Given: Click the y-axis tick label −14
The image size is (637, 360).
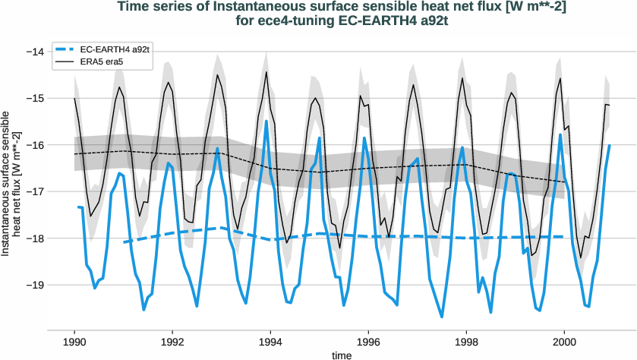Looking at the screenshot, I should tap(33, 52).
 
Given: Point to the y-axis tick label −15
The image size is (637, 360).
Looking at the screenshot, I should tap(33, 99).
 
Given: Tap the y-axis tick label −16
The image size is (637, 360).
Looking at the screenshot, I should tap(33, 145).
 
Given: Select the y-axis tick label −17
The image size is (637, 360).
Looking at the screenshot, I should tap(33, 191).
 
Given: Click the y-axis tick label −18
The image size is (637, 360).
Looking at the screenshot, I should tap(33, 238).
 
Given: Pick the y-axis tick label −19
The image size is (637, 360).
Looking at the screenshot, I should tap(33, 285).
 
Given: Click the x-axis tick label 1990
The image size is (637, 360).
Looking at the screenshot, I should tap(74, 342).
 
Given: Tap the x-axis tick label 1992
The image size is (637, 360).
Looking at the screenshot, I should tap(173, 342).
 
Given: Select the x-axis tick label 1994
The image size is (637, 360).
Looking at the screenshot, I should tap(271, 342).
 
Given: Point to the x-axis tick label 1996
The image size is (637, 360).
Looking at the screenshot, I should tap(369, 342).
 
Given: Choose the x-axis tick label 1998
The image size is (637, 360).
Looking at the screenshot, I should tap(467, 342).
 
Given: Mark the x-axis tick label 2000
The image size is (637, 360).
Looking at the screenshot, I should tap(565, 342).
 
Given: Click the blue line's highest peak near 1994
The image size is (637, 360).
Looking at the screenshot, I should tap(266, 121).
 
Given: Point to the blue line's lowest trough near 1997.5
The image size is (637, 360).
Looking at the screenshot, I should tap(442, 317).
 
